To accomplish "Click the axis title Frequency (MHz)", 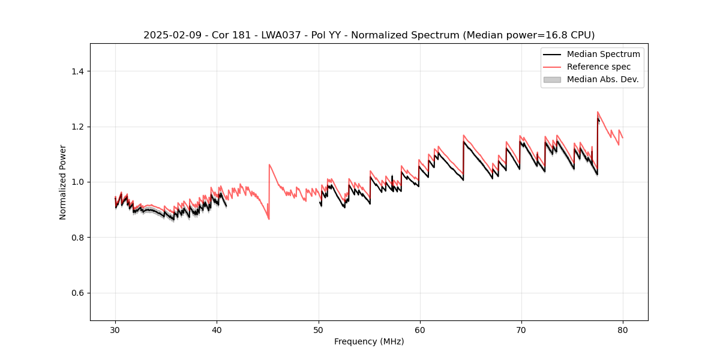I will pos(369,341).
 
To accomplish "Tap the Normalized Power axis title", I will pos(63,182).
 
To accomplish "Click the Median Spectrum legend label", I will pos(603,54).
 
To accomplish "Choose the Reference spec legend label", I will pos(599,67).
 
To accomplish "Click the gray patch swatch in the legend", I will pos(552,79).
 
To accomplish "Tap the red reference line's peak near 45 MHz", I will pos(269,164).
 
